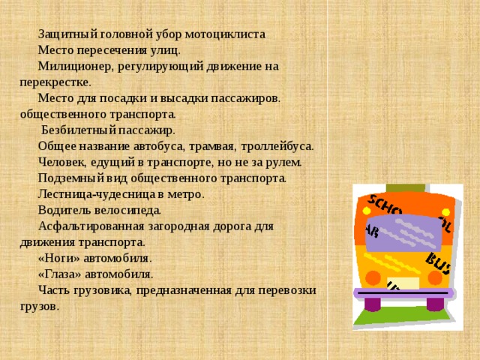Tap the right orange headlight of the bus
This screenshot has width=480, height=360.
[440, 278]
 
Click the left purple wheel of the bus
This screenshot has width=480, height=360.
[373, 303]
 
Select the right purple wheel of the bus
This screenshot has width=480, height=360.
[434, 304]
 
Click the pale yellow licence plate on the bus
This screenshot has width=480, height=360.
[405, 284]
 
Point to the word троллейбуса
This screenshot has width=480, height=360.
[276, 145]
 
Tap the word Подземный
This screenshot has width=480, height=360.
[68, 178]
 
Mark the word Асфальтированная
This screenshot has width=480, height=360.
[91, 226]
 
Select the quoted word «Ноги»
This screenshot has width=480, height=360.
[57, 257]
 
